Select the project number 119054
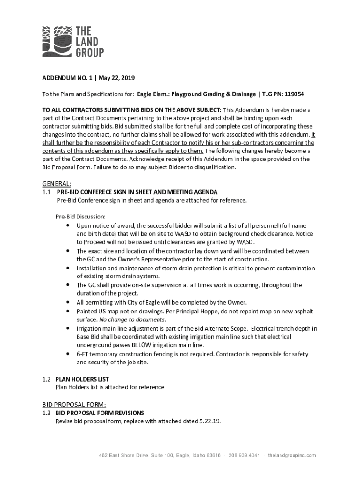[x=292, y=94]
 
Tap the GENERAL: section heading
[x=57, y=184]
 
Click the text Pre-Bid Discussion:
[x=80, y=217]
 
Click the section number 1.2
[x=46, y=379]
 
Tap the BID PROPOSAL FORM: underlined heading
[x=74, y=405]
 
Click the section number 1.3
[x=46, y=413]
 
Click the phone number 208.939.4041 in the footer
[x=244, y=455]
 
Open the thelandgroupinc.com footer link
[x=292, y=455]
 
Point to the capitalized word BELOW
[x=143, y=345]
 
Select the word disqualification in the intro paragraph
[x=212, y=167]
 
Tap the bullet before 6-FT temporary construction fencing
[x=68, y=354]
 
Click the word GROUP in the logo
[x=90, y=52]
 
